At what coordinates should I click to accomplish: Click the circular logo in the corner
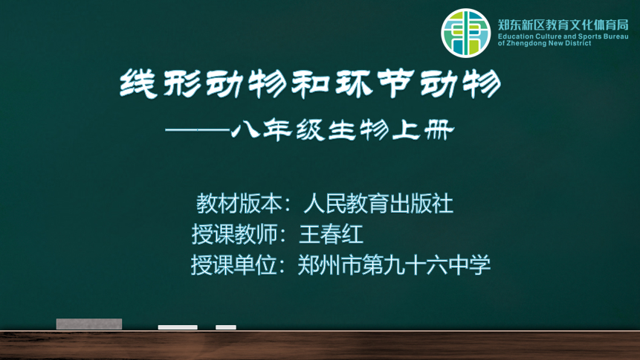(465, 33)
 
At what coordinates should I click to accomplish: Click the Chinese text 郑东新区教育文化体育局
(563, 25)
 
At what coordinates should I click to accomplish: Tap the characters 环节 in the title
(375, 84)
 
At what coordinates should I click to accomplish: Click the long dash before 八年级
(197, 130)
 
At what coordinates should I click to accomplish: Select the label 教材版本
(239, 204)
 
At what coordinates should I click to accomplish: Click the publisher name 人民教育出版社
(378, 204)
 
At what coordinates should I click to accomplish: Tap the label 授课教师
(235, 234)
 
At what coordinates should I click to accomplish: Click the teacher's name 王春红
(331, 234)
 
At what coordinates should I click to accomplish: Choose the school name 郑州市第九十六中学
(394, 265)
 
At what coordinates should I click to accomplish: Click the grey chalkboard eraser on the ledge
(89, 324)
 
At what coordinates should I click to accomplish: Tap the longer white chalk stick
(178, 327)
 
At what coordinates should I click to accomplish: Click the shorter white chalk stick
(226, 327)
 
